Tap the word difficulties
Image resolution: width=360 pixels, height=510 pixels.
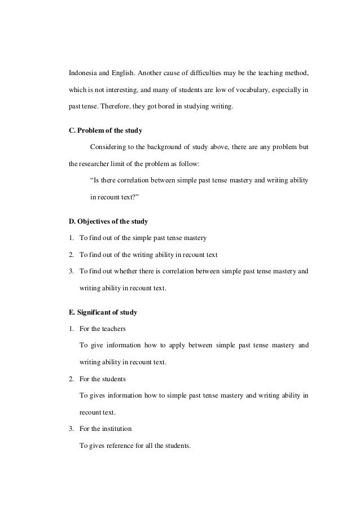pos(200,73)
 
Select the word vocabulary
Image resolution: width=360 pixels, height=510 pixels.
pos(253,90)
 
